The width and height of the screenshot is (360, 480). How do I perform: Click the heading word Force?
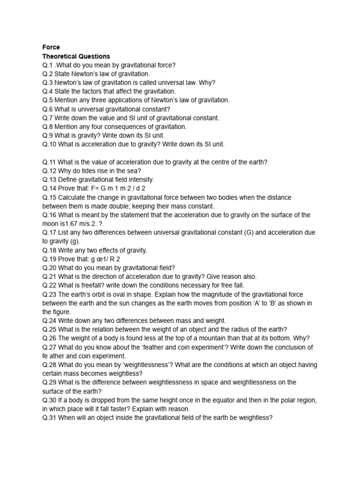pos(51,47)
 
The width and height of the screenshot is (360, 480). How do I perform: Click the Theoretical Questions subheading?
pos(76,56)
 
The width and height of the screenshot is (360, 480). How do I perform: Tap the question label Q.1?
pos(47,65)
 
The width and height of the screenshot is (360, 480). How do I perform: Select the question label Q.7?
pos(47,118)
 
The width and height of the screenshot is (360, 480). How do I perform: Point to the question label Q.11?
pos(49,162)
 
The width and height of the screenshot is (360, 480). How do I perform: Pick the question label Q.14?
pos(49,188)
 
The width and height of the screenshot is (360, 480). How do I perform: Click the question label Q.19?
pos(49,259)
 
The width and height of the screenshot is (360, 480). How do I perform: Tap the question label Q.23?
pos(49,294)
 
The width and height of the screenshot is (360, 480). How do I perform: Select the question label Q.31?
pos(49,417)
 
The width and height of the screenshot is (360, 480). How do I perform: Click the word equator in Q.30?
pos(217,400)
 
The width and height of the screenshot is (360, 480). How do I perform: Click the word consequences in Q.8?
pos(127,127)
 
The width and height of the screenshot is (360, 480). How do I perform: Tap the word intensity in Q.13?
pos(140,180)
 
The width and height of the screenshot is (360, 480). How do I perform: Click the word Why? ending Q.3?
pos(206,82)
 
